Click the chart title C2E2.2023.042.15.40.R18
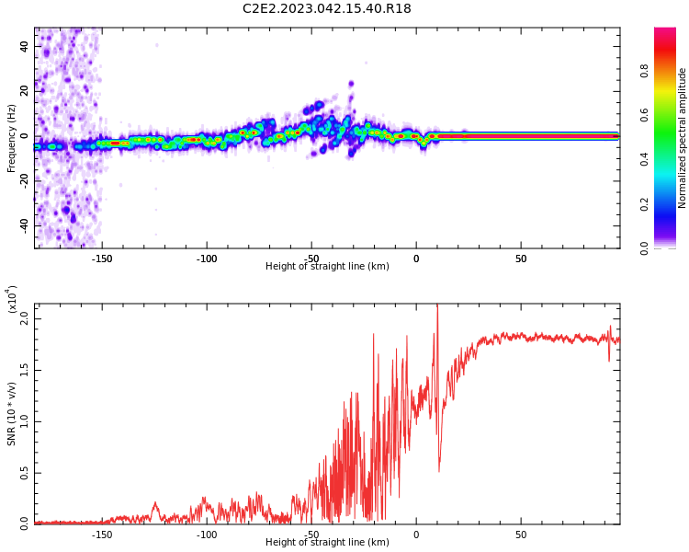[327, 9]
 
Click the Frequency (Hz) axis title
[12, 138]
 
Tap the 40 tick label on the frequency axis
[25, 46]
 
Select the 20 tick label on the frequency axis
[25, 91]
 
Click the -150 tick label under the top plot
[102, 259]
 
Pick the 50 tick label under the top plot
[520, 259]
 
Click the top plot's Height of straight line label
[327, 267]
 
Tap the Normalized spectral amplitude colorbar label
[683, 138]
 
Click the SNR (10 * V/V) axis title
[12, 415]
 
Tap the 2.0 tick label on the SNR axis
[25, 318]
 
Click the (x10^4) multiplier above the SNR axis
[12, 300]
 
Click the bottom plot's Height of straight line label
[327, 543]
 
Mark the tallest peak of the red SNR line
[437, 305]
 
